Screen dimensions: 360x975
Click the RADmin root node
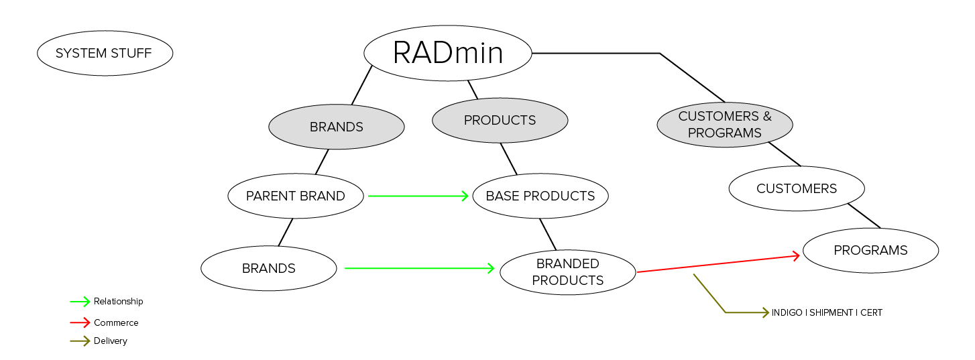point(447,53)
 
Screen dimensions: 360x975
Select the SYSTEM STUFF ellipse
point(105,53)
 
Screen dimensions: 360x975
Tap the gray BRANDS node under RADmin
point(336,127)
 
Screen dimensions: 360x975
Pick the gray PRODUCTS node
point(500,120)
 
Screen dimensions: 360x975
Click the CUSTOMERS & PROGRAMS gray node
point(724,125)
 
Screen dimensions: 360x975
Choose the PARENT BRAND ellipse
point(295,196)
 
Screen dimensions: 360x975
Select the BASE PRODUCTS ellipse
point(540,196)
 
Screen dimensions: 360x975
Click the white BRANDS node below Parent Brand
point(268,268)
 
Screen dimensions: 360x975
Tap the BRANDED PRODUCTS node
point(567,272)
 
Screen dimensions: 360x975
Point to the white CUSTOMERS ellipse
point(796,188)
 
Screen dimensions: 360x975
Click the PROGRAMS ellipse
point(870,250)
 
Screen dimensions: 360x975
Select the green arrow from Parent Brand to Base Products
point(417,196)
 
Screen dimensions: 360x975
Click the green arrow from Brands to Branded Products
point(419,268)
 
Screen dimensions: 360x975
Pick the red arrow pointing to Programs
point(718,263)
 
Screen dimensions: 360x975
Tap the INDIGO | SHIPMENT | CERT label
point(827,313)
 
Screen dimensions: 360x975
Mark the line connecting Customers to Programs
point(864,216)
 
